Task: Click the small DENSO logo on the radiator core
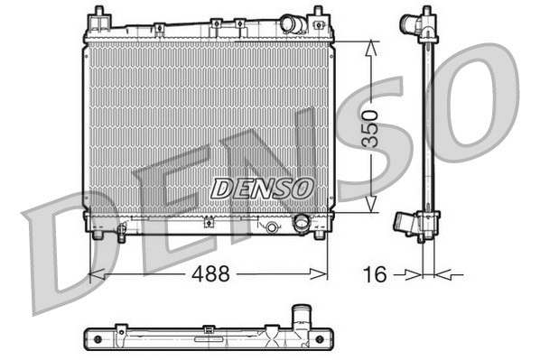click(x=262, y=188)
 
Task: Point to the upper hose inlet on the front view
click(x=292, y=23)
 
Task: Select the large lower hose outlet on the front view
click(x=302, y=223)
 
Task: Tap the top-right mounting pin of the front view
click(x=318, y=14)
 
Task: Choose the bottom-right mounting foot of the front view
click(x=318, y=236)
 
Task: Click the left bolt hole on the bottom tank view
click(x=90, y=340)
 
